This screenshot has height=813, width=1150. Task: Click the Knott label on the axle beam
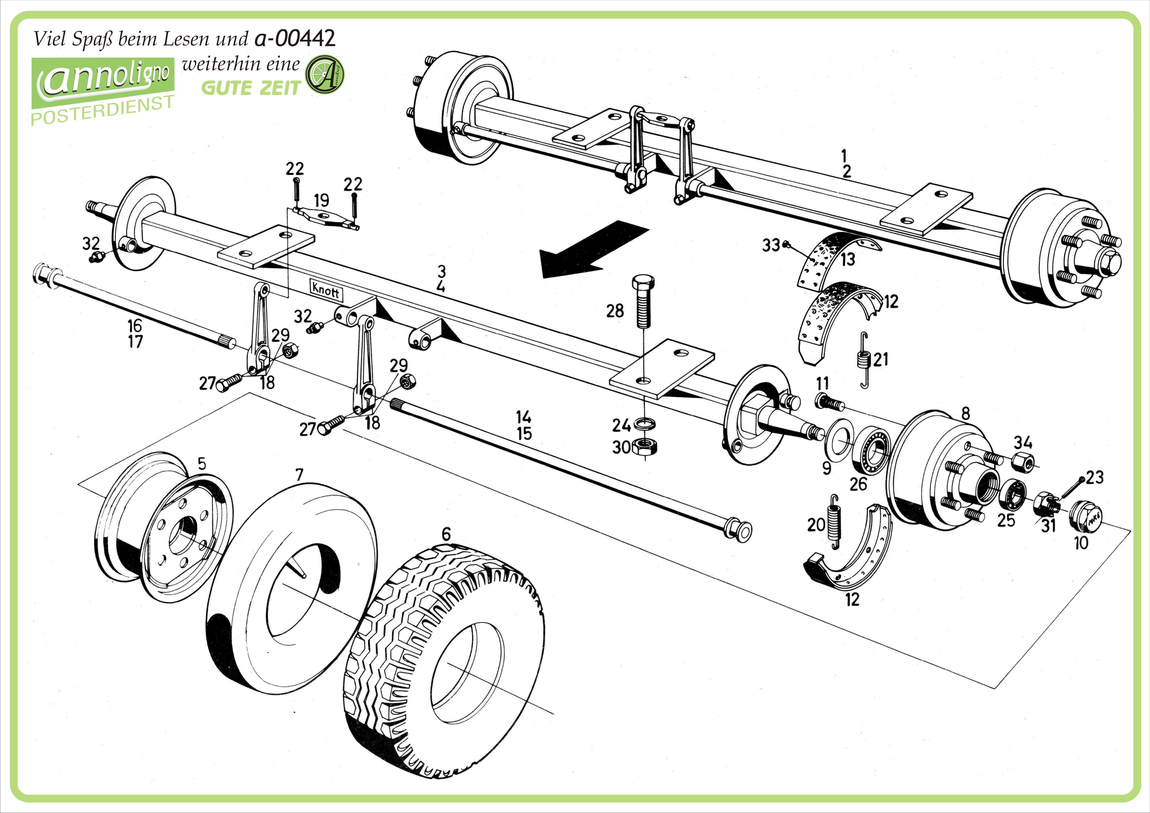(x=326, y=289)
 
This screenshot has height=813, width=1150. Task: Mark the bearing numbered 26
(x=872, y=451)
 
